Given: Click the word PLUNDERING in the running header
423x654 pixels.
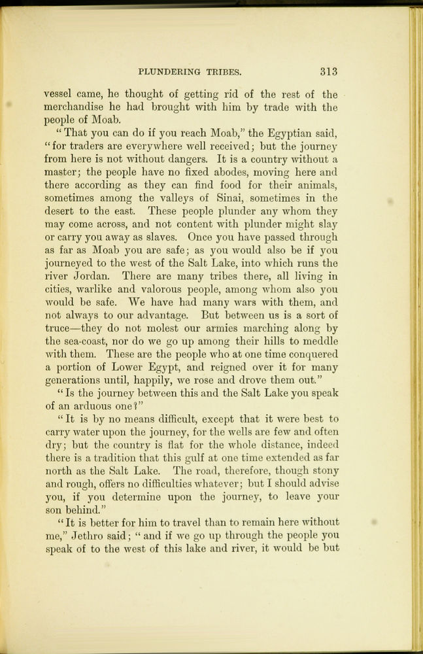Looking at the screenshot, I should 172,71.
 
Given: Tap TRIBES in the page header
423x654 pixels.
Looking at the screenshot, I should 224,71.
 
